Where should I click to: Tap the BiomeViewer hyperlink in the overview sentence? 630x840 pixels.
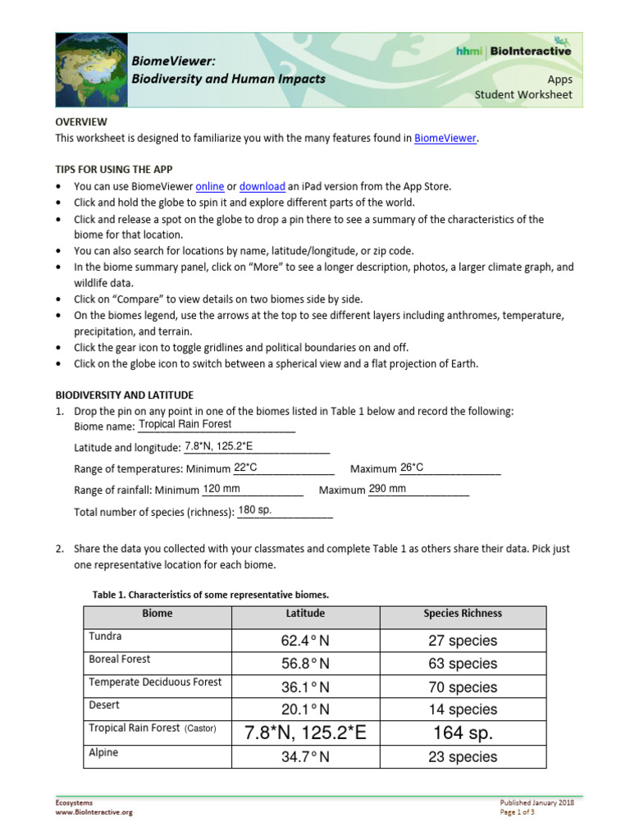point(445,139)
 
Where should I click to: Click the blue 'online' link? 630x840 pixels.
point(210,186)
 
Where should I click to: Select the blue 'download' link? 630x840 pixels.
point(262,186)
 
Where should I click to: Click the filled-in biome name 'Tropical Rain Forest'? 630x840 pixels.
point(185,425)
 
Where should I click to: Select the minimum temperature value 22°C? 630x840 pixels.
point(246,468)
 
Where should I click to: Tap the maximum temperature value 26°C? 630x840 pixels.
point(412,468)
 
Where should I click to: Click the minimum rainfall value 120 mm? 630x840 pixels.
point(221,489)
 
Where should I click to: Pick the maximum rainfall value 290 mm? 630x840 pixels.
point(387,489)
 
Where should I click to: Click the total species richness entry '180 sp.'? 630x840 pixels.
point(254,510)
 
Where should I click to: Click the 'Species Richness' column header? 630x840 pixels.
point(463,614)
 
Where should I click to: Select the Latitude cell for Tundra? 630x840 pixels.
point(305,641)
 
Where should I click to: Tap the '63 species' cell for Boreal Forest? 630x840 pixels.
point(463,664)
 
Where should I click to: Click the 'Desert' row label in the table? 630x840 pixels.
point(104,705)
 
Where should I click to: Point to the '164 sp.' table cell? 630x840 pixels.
point(463,733)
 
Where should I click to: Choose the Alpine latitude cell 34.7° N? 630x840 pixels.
point(305,757)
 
